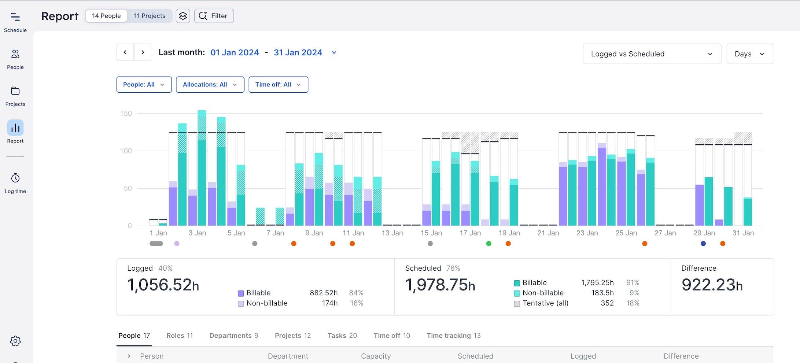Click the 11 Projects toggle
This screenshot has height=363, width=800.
(x=150, y=16)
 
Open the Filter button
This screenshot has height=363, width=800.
(x=214, y=16)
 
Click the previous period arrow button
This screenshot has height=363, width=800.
(x=125, y=52)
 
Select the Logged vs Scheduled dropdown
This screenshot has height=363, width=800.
(x=652, y=54)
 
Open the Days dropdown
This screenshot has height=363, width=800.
(x=749, y=54)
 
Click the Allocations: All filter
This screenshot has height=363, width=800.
(x=210, y=85)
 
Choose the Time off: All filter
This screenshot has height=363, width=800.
(x=278, y=85)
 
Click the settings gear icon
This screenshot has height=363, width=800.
(x=15, y=341)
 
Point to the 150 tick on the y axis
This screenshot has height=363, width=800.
(x=126, y=114)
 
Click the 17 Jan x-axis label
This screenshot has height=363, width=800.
(x=470, y=233)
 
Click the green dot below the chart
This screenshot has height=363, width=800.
(x=489, y=244)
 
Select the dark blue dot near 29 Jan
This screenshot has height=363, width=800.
(x=703, y=244)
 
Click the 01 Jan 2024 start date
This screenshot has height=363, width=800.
(x=235, y=52)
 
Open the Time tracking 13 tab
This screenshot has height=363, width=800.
(x=453, y=336)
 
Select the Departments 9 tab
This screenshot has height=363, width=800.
(x=233, y=336)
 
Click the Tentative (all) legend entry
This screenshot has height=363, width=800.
(x=545, y=303)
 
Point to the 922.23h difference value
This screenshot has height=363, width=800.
(x=712, y=285)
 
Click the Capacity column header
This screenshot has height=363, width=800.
(x=376, y=356)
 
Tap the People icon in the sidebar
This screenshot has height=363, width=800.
(x=15, y=59)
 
